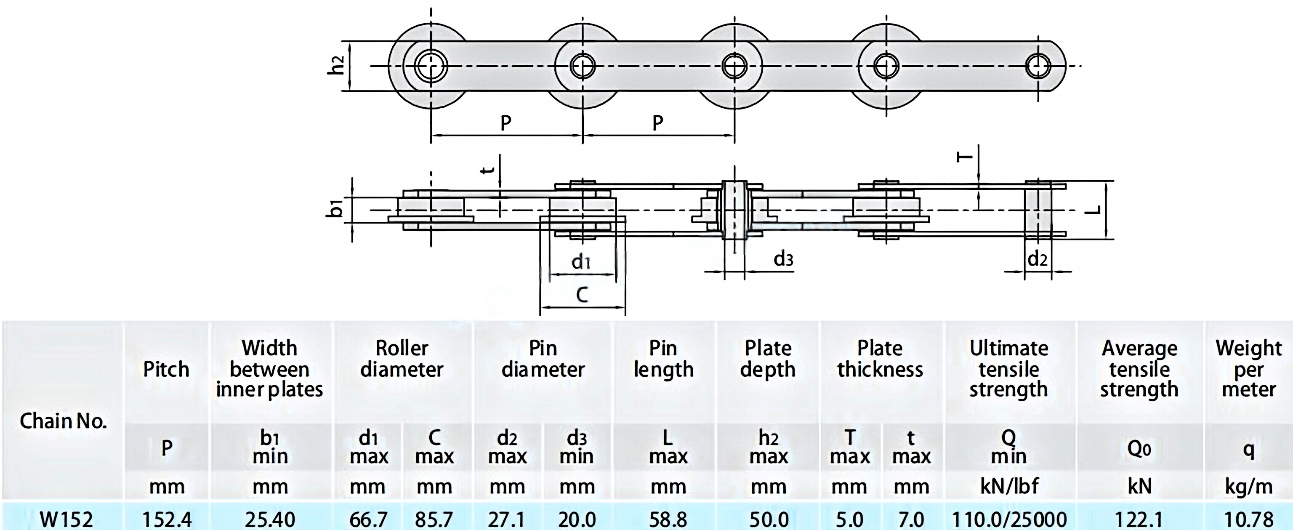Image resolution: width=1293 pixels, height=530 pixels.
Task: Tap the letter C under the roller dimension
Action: point(582,295)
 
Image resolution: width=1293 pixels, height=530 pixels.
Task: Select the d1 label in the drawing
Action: point(581,261)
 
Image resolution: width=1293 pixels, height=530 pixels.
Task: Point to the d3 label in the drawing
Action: point(783,259)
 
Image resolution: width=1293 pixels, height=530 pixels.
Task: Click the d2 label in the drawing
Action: point(1038,259)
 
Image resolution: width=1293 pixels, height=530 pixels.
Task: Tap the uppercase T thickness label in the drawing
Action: point(965,157)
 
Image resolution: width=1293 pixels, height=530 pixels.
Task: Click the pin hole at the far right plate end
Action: point(1038,66)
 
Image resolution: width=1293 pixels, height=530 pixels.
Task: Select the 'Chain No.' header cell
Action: point(63,421)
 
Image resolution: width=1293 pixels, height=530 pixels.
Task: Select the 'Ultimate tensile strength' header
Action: point(1008,369)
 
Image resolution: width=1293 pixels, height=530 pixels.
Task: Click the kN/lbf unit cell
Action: point(1009,486)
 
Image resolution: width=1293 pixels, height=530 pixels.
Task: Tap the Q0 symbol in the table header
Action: point(1139,449)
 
